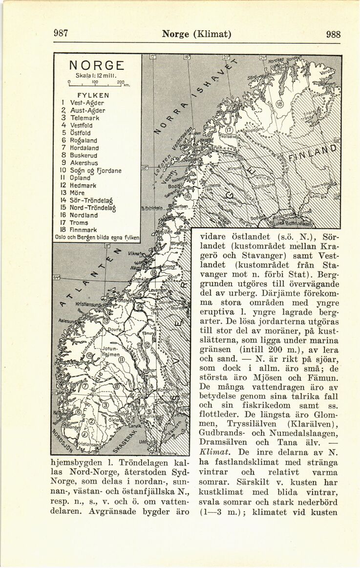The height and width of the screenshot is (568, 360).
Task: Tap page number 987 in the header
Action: point(61,34)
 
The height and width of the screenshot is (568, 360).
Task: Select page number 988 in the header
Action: point(333,34)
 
